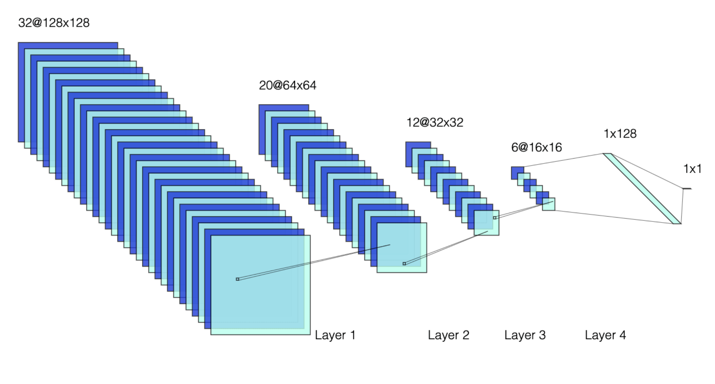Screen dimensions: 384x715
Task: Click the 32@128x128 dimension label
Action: [x=54, y=23]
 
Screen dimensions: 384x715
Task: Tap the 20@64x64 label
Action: [x=287, y=86]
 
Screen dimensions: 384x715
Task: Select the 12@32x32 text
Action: [x=434, y=123]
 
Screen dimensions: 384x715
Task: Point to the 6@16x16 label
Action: [x=536, y=147]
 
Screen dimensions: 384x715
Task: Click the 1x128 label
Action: [x=620, y=134]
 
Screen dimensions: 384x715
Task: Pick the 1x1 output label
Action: [x=692, y=169]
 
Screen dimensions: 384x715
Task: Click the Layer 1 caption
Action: [x=335, y=335]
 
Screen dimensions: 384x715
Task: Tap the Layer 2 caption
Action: [x=448, y=335]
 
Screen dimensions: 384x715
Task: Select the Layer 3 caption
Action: [x=525, y=335]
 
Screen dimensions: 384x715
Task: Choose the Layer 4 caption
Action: [x=605, y=335]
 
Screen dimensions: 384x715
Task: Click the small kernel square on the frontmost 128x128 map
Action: [x=238, y=279]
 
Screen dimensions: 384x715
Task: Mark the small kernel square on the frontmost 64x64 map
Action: [x=404, y=264]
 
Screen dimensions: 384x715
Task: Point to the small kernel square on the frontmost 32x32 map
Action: [x=494, y=218]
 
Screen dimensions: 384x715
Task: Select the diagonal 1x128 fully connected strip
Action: [x=642, y=188]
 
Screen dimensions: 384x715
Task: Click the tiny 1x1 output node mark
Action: [x=687, y=189]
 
